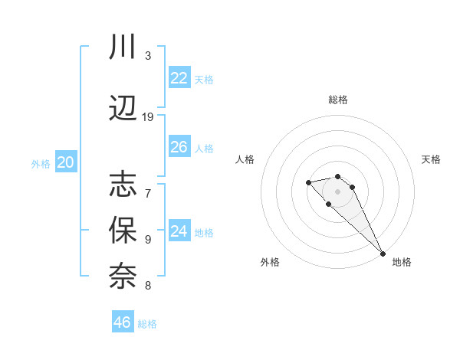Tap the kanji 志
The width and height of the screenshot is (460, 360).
pyautogui.click(x=123, y=184)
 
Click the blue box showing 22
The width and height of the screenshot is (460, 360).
pyautogui.click(x=179, y=78)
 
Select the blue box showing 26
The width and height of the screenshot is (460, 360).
pyautogui.click(x=179, y=147)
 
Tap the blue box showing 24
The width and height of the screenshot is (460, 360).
pyautogui.click(x=179, y=231)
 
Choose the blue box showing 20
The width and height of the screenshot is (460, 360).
pyautogui.click(x=66, y=162)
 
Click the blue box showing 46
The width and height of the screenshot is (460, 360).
pyautogui.click(x=123, y=322)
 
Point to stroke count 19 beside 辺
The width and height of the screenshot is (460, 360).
pyautogui.click(x=148, y=116)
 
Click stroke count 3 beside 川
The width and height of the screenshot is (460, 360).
pyautogui.click(x=148, y=56)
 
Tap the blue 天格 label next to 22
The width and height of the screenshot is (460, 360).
pyautogui.click(x=203, y=80)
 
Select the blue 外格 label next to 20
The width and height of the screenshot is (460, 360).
pyautogui.click(x=41, y=164)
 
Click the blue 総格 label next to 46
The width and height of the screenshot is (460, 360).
pyautogui.click(x=147, y=324)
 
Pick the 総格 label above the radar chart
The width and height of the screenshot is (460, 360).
pyautogui.click(x=337, y=100)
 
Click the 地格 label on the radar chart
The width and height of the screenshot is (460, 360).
pyautogui.click(x=402, y=263)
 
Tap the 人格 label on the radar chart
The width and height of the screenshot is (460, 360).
pyautogui.click(x=245, y=159)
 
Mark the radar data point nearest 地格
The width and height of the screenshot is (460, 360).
pyautogui.click(x=383, y=254)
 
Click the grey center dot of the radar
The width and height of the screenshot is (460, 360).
pyautogui.click(x=337, y=191)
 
